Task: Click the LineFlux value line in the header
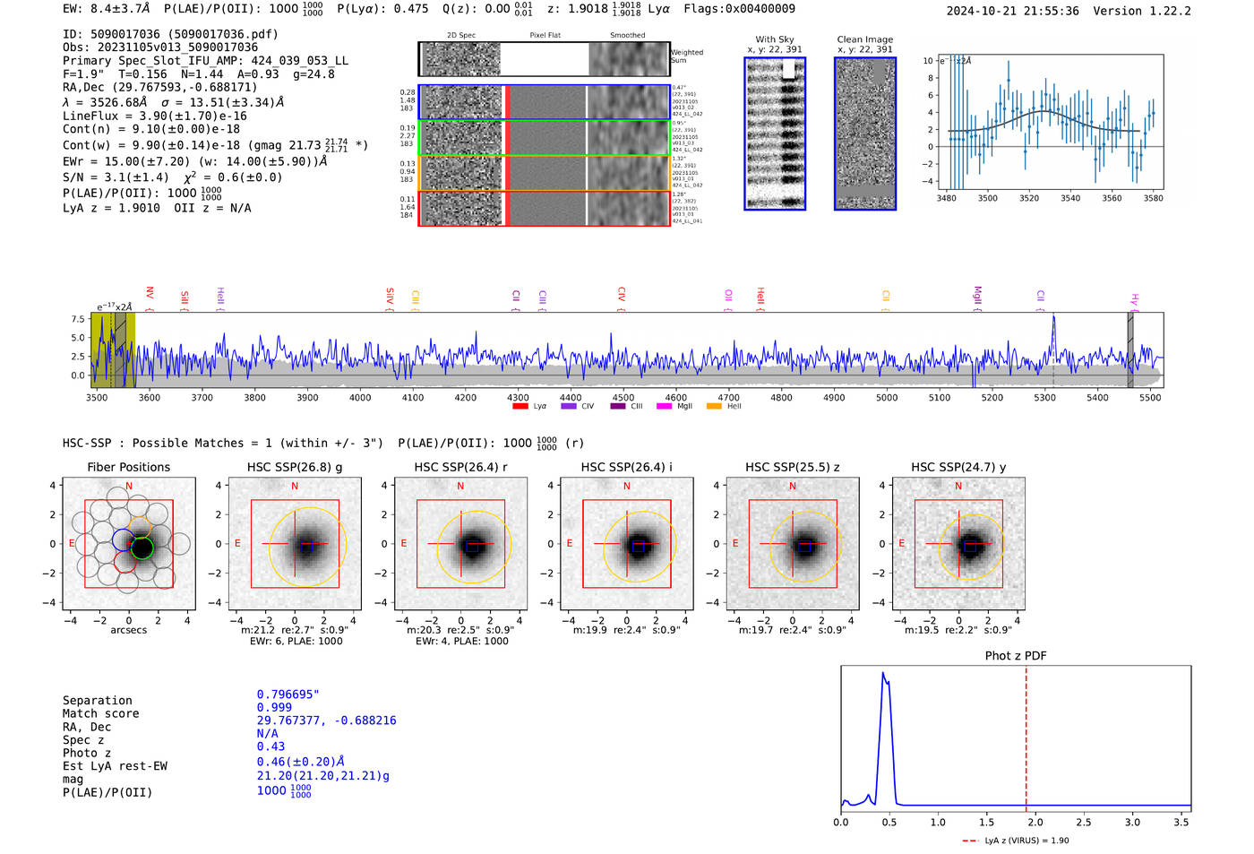point(154,116)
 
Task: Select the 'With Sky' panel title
point(774,39)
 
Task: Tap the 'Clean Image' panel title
point(864,39)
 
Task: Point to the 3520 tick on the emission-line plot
point(1028,198)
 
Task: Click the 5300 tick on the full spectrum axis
point(1044,397)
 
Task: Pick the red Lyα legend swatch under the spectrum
point(520,407)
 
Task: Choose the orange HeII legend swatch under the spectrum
point(714,407)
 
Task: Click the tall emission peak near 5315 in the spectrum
point(1053,317)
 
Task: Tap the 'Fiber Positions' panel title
point(128,467)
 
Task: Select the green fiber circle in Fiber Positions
point(142,548)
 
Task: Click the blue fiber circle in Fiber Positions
point(124,539)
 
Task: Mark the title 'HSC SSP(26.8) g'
point(294,467)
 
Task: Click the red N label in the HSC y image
point(958,486)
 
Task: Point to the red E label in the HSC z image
point(735,543)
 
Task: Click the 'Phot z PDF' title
point(1015,656)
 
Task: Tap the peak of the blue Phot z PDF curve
point(883,673)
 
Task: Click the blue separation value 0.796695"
point(288,694)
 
